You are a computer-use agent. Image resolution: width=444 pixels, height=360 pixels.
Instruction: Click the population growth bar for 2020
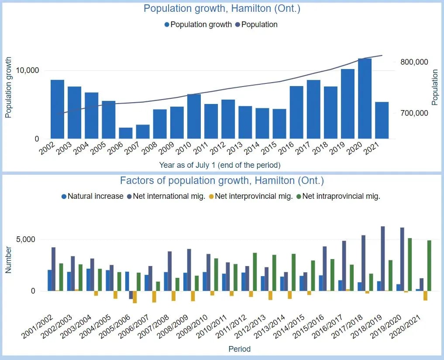(365, 98)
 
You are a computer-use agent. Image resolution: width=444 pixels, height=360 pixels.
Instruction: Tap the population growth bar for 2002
(57, 109)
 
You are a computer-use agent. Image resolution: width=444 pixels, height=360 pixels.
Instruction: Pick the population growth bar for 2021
(382, 120)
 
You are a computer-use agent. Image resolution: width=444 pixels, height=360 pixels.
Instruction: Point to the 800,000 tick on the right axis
(414, 62)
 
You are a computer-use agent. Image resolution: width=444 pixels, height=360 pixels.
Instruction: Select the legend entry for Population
(259, 24)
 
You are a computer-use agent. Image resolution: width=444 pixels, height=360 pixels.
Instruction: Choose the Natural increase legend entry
(95, 196)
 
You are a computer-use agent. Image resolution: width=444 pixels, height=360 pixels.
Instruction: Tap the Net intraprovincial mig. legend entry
(341, 196)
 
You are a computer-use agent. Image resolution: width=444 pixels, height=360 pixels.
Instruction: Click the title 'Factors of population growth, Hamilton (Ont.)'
(222, 180)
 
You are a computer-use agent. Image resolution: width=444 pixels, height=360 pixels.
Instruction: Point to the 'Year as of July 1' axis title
(220, 165)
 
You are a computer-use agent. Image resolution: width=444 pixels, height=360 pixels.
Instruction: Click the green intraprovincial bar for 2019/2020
(410, 264)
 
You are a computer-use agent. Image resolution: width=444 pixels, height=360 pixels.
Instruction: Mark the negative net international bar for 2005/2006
(131, 295)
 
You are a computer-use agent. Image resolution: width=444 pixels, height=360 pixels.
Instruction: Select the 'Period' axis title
(240, 349)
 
